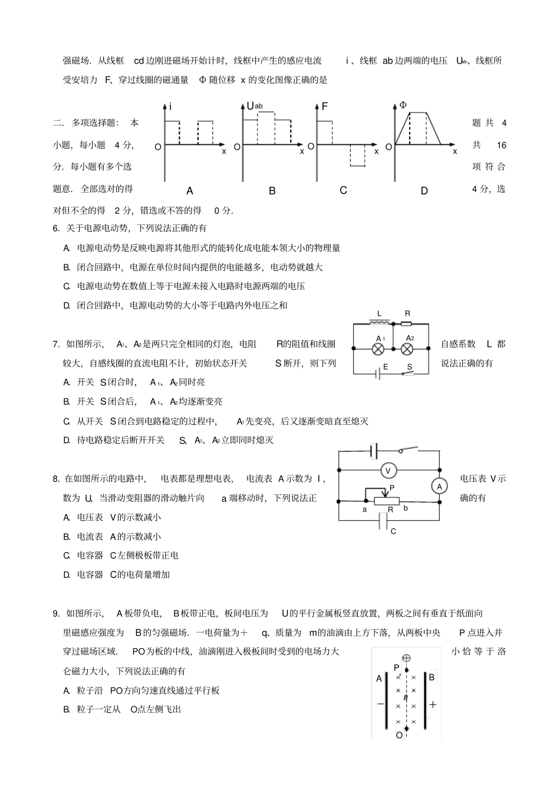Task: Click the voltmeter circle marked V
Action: click(388, 470)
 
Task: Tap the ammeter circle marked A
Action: click(439, 486)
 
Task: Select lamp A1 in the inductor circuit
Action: click(380, 349)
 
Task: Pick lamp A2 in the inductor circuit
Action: click(407, 349)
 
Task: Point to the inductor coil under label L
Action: click(379, 323)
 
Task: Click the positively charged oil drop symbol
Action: click(406, 657)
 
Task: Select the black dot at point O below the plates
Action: click(406, 729)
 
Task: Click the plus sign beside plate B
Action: click(433, 704)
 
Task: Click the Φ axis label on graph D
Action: click(403, 105)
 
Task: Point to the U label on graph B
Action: click(250, 106)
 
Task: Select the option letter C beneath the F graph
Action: click(343, 190)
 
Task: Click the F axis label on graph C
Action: click(324, 107)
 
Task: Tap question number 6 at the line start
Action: click(56, 228)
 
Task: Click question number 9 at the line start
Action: click(56, 613)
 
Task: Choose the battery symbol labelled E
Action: click(377, 374)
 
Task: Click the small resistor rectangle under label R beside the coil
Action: click(406, 323)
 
